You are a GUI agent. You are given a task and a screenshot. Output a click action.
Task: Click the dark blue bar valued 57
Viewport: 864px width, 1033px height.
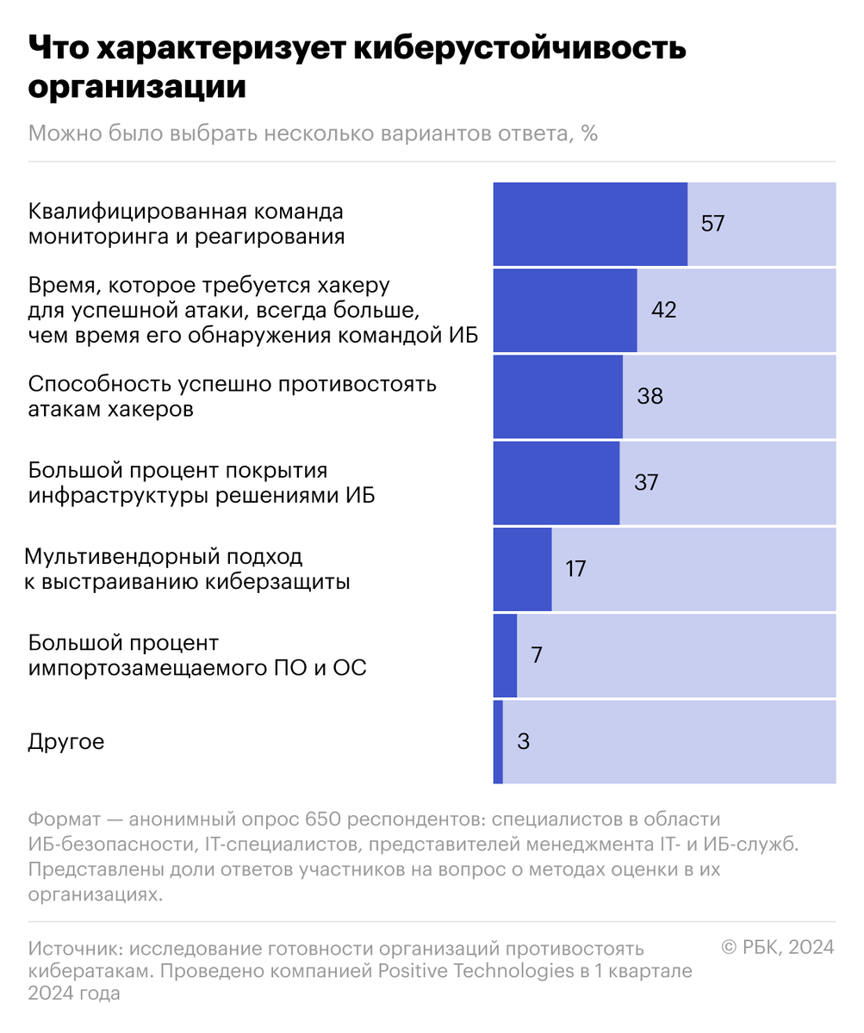[x=590, y=224]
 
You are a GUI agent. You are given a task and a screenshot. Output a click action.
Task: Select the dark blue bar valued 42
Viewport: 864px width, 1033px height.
[x=565, y=310]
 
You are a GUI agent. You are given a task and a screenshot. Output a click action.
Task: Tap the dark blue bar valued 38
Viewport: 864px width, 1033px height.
[x=557, y=396]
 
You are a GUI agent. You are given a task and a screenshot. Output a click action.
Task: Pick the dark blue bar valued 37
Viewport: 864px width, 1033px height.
[x=556, y=482]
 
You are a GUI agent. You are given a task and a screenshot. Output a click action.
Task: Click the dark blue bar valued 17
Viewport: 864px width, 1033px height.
[x=522, y=569]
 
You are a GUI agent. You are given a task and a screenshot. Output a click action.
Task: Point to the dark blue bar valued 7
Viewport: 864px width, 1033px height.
[x=505, y=655]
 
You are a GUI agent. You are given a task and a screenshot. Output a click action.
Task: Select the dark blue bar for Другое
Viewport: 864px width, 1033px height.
[x=498, y=741]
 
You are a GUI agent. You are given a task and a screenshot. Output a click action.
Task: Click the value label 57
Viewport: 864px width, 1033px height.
[x=712, y=224]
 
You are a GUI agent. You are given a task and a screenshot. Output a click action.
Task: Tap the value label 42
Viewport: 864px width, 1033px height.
[x=663, y=310]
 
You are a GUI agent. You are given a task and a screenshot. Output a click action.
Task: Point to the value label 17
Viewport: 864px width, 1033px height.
[x=575, y=569]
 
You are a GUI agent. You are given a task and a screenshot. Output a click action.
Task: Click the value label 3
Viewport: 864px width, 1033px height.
[x=523, y=741]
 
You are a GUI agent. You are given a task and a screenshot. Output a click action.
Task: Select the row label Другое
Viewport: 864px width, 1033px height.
[x=66, y=741]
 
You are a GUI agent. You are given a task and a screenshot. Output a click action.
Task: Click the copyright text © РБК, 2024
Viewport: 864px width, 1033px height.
[x=777, y=947]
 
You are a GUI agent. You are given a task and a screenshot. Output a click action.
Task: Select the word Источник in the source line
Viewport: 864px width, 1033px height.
[x=76, y=949]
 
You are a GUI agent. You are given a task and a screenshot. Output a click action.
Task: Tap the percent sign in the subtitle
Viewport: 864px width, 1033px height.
[x=589, y=134]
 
